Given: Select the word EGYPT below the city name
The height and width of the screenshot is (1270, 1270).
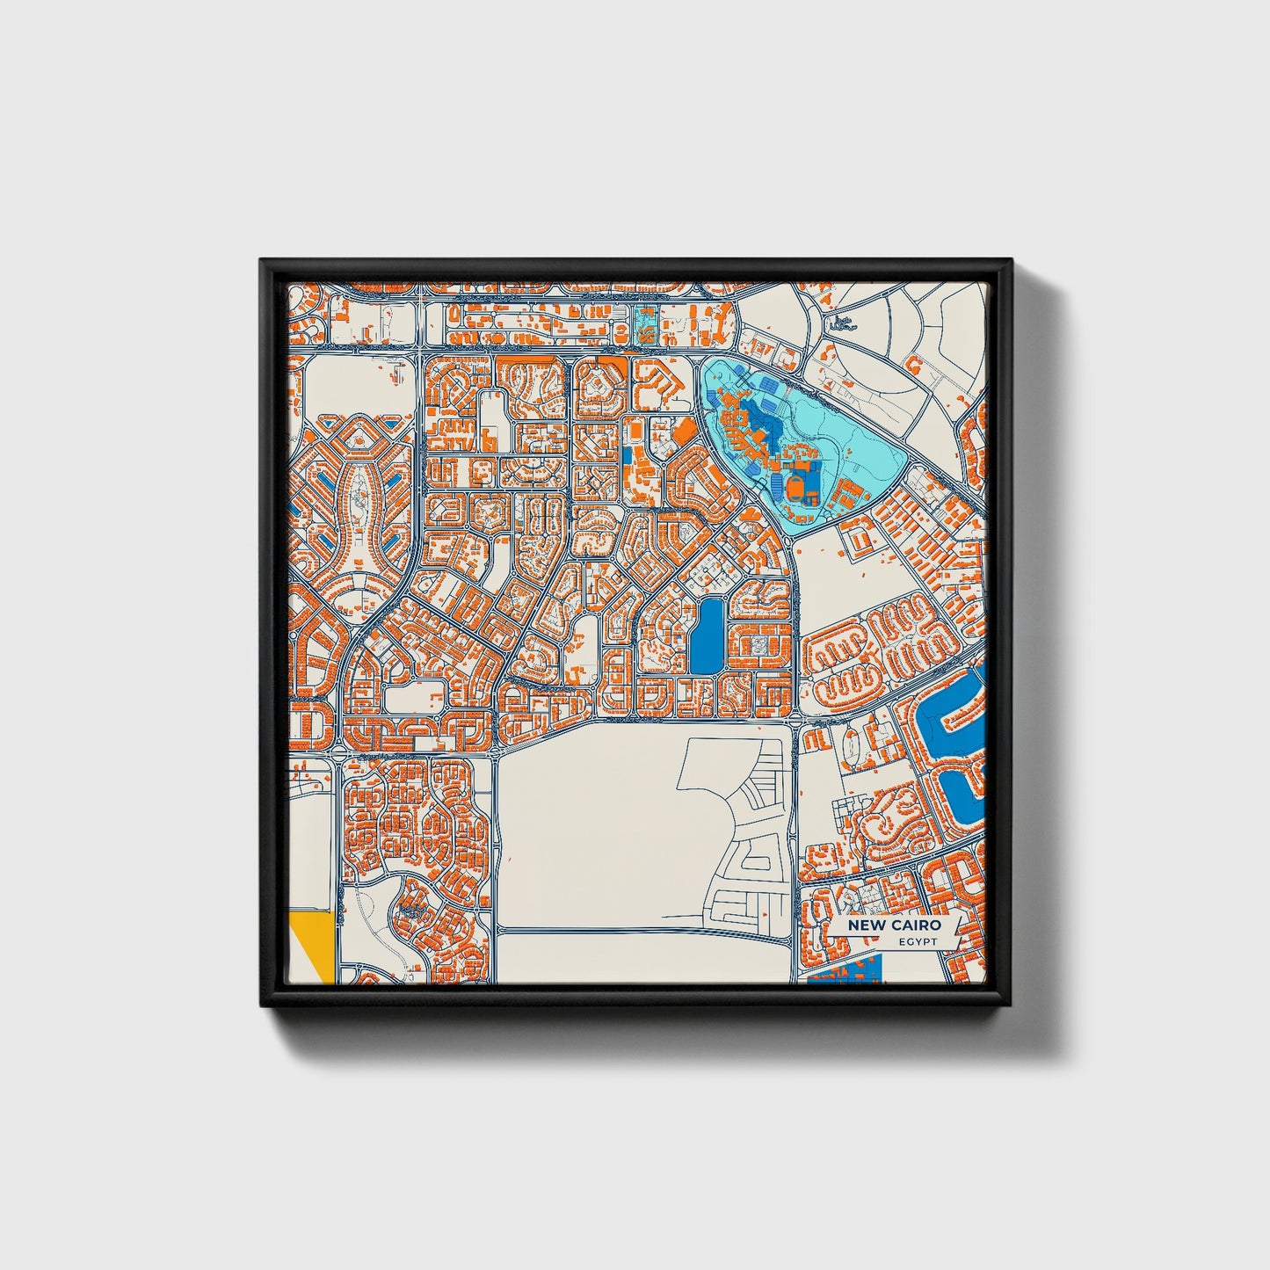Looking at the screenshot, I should [918, 941].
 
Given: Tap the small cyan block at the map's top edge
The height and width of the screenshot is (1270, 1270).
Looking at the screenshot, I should [644, 324].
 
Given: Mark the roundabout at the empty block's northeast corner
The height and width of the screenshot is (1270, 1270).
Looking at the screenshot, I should [795, 721].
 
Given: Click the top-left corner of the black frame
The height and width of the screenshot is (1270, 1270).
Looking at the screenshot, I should [262, 261].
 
